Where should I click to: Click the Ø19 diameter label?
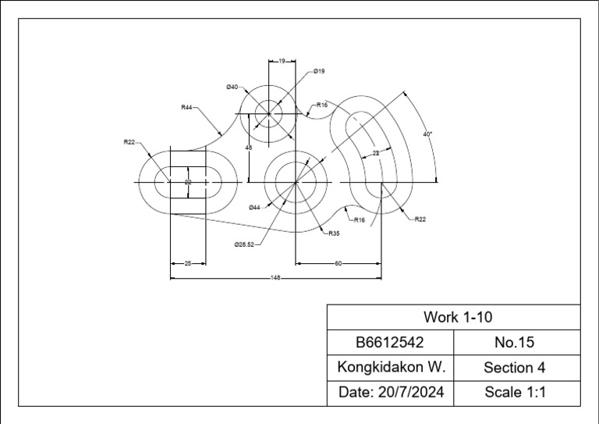(x=319, y=71)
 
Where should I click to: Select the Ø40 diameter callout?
(x=232, y=87)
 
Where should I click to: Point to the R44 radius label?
(x=187, y=107)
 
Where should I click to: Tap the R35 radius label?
(x=334, y=233)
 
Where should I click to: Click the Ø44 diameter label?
(x=254, y=208)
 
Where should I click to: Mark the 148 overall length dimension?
(x=275, y=278)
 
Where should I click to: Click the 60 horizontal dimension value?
(x=338, y=264)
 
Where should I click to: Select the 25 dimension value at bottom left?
(x=188, y=264)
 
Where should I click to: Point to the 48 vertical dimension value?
(x=248, y=147)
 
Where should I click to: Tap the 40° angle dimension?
(x=427, y=134)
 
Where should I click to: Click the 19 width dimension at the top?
(x=282, y=60)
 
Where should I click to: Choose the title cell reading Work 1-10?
(x=458, y=317)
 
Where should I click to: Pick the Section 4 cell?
(x=514, y=367)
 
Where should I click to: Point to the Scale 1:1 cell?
(x=514, y=392)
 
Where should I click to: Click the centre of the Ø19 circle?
(x=269, y=114)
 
